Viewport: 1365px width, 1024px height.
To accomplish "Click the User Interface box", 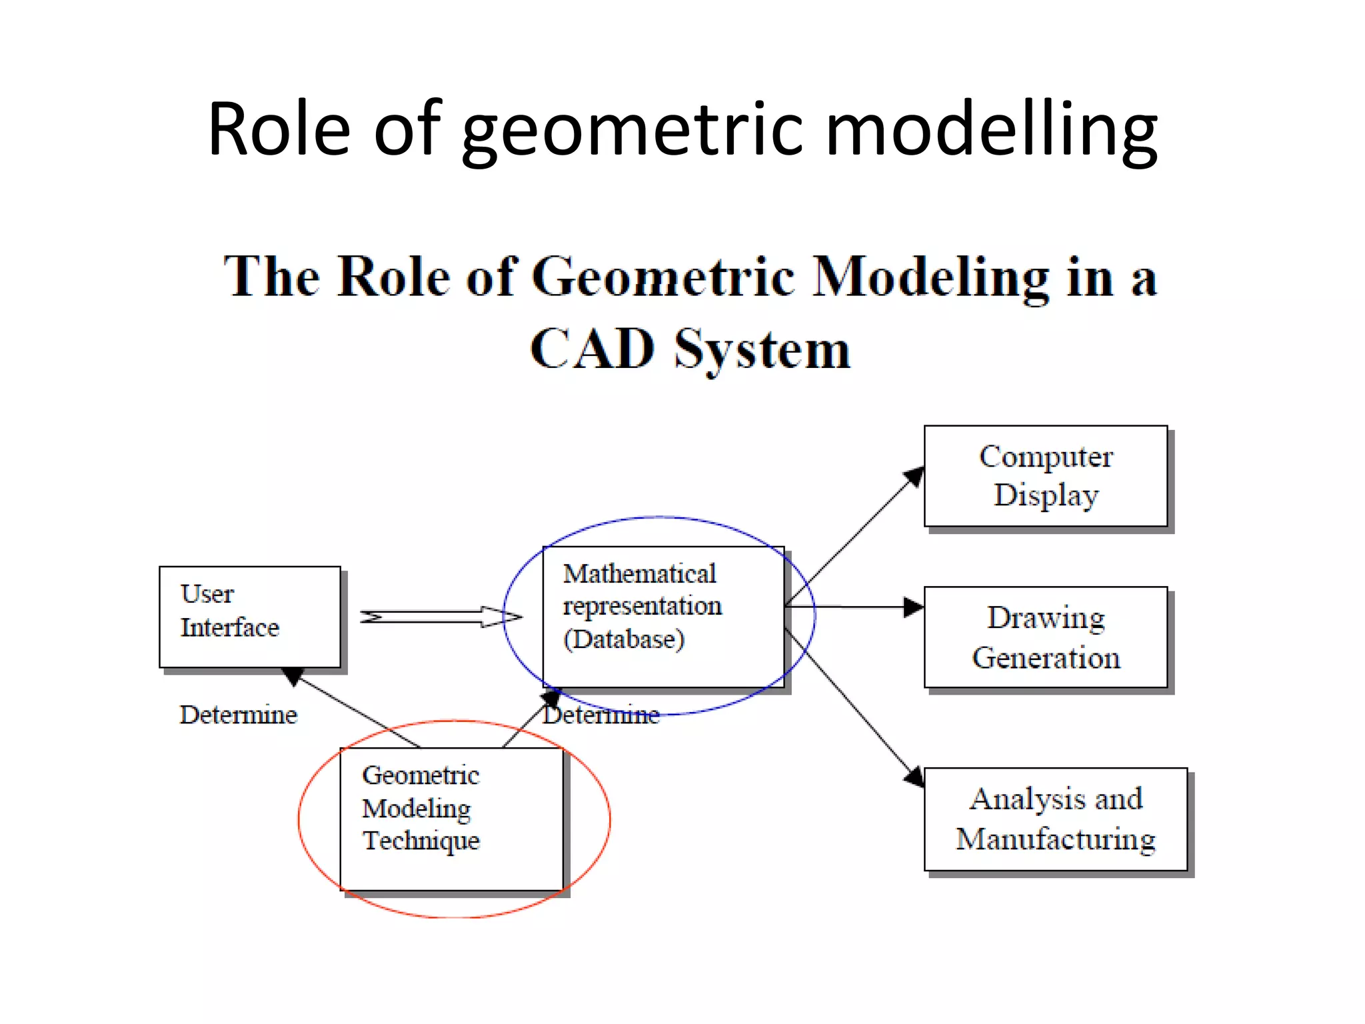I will [250, 617].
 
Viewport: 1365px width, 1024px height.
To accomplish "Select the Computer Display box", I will [1045, 475].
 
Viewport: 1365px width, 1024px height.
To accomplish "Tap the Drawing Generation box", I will [1045, 637].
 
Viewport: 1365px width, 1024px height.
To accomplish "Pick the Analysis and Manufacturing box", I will [1055, 819].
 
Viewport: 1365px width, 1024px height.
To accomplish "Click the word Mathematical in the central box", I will [639, 574].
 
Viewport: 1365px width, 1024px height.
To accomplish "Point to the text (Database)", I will [623, 639].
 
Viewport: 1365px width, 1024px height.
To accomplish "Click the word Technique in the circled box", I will [421, 841].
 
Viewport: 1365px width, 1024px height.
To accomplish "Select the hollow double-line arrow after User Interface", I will [440, 617].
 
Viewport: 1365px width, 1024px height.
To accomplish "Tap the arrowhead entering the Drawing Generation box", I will [914, 607].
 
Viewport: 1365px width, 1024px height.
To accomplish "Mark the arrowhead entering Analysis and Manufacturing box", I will [915, 777].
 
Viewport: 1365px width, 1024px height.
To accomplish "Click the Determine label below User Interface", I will [238, 715].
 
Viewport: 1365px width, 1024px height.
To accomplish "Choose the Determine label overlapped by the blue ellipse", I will [601, 715].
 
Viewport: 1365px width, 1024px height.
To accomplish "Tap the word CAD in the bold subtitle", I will [592, 349].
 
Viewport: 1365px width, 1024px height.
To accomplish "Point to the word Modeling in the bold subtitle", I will [930, 277].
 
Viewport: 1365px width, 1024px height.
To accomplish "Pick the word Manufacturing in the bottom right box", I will [1055, 839].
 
